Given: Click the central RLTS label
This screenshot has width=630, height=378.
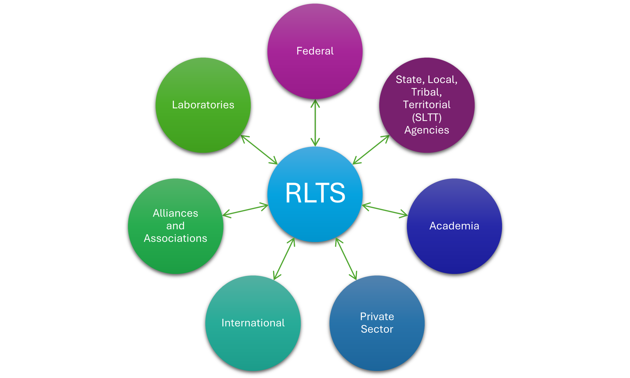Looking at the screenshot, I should pyautogui.click(x=315, y=193).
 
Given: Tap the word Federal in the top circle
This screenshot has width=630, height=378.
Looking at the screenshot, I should pyautogui.click(x=315, y=51).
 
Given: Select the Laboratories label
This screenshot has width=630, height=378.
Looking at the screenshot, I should pyautogui.click(x=203, y=105).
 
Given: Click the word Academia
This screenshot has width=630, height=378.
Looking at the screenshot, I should pyautogui.click(x=454, y=226).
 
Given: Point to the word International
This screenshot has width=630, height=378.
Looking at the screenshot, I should pyautogui.click(x=253, y=323).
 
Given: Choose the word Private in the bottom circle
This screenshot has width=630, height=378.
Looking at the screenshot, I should pyautogui.click(x=377, y=317).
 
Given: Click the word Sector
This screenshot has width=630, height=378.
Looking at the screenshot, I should pyautogui.click(x=377, y=329).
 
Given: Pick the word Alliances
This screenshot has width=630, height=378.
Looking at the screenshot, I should pyautogui.click(x=175, y=213).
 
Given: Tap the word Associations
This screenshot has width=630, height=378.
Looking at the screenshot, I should pyautogui.click(x=175, y=238).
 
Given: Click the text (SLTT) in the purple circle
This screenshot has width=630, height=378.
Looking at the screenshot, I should pyautogui.click(x=427, y=117).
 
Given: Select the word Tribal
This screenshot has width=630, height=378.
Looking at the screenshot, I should pyautogui.click(x=426, y=92).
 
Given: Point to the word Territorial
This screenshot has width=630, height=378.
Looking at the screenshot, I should pyautogui.click(x=427, y=105).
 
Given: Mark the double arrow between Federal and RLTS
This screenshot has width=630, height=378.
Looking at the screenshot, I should pyautogui.click(x=315, y=123).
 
